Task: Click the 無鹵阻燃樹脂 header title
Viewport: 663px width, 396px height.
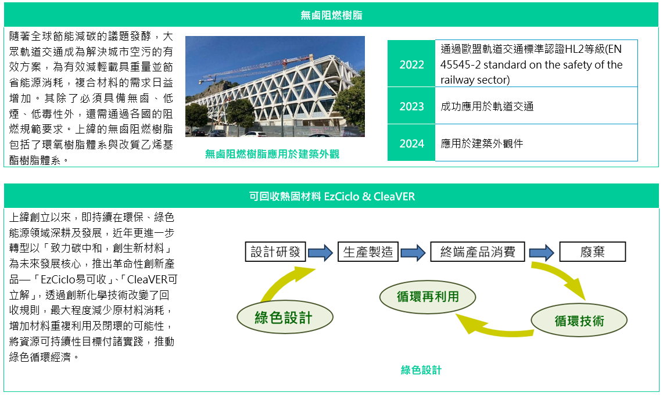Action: point(331,15)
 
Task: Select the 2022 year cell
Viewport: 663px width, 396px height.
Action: point(411,64)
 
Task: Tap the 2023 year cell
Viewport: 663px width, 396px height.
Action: point(411,106)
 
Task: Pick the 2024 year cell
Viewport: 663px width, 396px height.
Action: point(411,143)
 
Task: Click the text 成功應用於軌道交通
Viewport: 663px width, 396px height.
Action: point(487,106)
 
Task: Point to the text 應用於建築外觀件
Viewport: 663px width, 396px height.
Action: point(482,143)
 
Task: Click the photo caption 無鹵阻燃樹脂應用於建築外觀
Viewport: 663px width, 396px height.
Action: point(272,154)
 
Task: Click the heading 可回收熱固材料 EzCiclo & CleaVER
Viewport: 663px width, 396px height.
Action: point(331,196)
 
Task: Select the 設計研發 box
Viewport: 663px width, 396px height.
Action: point(275,252)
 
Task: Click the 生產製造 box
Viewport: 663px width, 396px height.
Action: point(368,252)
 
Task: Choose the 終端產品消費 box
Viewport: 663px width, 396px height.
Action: point(478,252)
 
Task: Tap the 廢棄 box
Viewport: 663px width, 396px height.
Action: point(592,252)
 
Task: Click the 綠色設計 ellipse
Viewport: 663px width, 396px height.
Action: point(285,318)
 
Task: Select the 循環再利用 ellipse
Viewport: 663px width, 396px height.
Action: point(428,297)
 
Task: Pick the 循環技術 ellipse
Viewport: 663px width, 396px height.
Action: point(579,321)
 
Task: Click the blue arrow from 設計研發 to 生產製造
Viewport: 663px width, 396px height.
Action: point(321,253)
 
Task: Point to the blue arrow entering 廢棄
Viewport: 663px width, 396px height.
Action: point(542,253)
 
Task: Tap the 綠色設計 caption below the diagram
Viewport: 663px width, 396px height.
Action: point(421,370)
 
